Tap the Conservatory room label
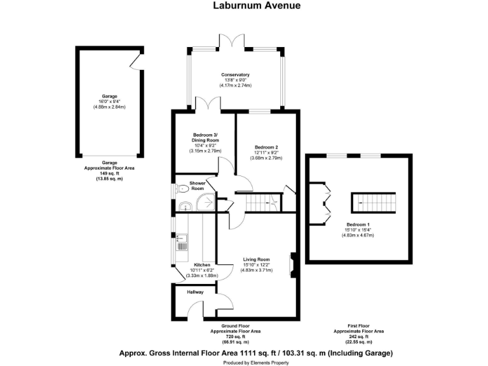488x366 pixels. click(x=235, y=74)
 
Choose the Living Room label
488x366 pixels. click(x=256, y=259)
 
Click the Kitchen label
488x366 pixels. click(x=202, y=264)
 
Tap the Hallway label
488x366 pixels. click(x=195, y=292)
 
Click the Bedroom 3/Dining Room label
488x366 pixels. click(x=205, y=138)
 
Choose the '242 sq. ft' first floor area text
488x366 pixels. click(x=359, y=336)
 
